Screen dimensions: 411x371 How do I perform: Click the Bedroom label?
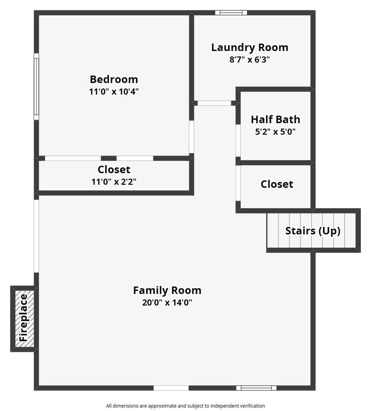coord(114,79)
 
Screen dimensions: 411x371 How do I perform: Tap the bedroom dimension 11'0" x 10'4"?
coord(114,92)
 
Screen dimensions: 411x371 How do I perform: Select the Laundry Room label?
coord(250,47)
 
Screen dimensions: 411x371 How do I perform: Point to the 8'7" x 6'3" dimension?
coord(249,60)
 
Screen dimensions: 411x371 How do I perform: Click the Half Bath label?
coord(275,119)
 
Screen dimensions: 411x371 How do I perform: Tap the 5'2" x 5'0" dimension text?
coord(275,131)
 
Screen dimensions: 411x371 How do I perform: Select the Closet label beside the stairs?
coord(277,184)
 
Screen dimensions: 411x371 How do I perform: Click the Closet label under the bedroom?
coord(114,169)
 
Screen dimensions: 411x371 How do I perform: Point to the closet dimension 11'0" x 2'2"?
coord(114,181)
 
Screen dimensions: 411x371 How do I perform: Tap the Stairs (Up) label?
coord(313,231)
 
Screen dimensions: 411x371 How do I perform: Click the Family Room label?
coord(167,290)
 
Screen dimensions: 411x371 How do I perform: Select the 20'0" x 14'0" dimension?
coord(167,302)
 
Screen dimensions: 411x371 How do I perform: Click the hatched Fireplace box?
coord(24,318)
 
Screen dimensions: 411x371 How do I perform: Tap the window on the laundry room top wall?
coord(231,13)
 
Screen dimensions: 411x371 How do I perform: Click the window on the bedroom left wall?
coord(36,86)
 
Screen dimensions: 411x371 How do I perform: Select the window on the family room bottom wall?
coord(256,388)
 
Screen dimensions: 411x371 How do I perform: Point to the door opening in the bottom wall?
coord(171,388)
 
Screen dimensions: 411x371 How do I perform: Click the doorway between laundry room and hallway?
coord(214,103)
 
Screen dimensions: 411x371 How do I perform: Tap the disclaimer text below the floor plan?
coord(185,406)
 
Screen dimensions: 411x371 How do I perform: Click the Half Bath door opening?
coord(238,140)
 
